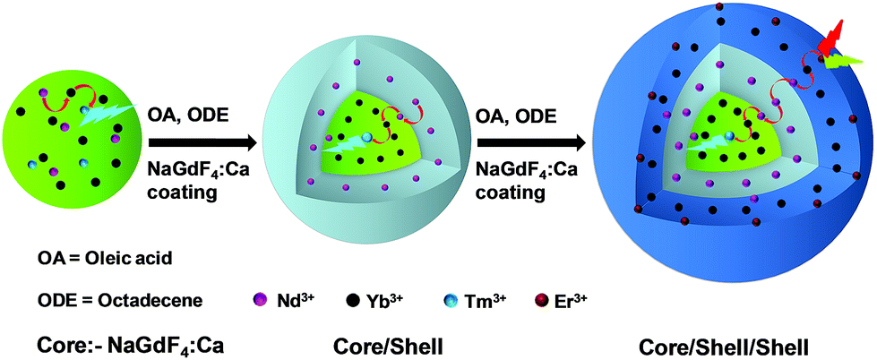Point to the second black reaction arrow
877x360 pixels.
pos(529,141)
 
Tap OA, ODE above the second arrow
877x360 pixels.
pos(512,116)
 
